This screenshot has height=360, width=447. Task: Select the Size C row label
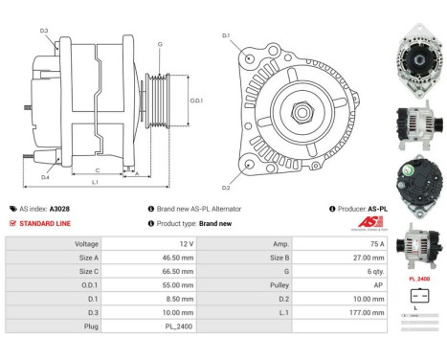coord(86,271)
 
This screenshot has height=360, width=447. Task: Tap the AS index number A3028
coord(59,208)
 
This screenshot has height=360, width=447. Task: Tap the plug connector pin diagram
coord(417,297)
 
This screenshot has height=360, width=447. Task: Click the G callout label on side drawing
coord(160,44)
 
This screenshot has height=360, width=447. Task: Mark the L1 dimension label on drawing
coord(94,182)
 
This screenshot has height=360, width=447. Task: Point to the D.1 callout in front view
coord(227,35)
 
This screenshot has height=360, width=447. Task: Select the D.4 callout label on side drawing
coord(45,177)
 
